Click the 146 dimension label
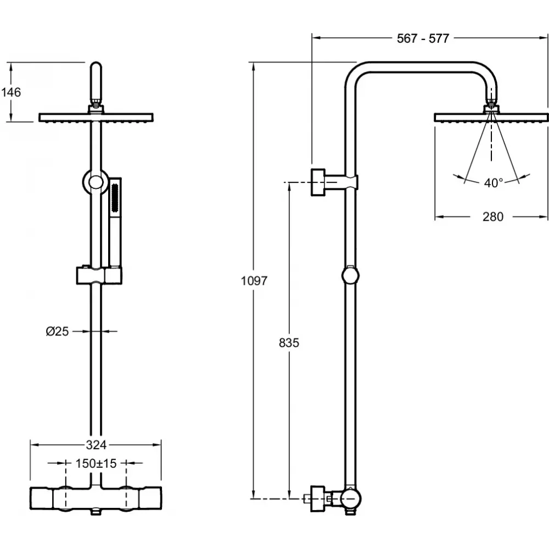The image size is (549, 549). pos(11,92)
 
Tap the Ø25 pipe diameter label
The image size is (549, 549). pos(58,331)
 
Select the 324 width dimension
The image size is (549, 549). pos(96,445)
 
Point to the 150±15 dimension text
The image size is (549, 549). pos(96,463)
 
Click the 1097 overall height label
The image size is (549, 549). pos(254,281)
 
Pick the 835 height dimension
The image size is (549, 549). pos(289,343)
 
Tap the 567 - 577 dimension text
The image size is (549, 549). pos(423,38)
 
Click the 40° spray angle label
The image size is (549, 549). pos(494,183)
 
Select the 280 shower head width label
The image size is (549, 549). pos(493,217)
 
